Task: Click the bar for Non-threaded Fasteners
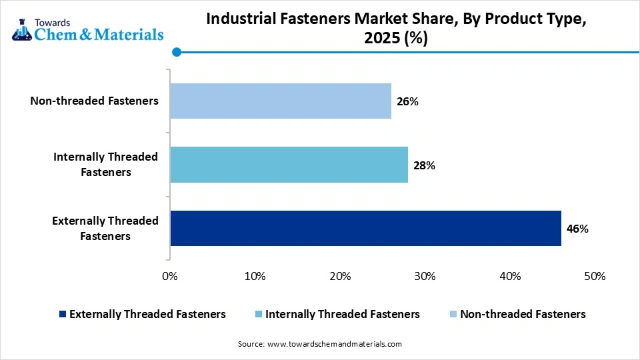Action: pos(281,101)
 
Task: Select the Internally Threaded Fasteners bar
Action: pos(289,165)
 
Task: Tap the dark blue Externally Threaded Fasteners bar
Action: pos(365,228)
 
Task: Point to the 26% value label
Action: pos(408,101)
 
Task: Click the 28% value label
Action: pos(425,165)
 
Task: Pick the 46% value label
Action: pos(577,229)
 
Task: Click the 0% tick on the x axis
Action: pos(170,276)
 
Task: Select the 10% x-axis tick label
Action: pos(255,276)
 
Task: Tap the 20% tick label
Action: pos(340,276)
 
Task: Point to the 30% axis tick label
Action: pos(425,276)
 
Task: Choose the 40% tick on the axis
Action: pos(510,276)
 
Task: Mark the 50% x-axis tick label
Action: pos(595,276)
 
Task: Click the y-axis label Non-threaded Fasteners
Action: pos(94,101)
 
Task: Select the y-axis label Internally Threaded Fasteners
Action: pos(105,165)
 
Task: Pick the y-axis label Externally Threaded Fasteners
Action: pos(105,228)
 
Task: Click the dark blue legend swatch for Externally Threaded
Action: pos(63,314)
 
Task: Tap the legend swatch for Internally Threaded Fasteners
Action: pos(259,314)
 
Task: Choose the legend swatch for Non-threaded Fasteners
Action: pos(453,314)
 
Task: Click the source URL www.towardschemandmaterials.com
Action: pos(334,344)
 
